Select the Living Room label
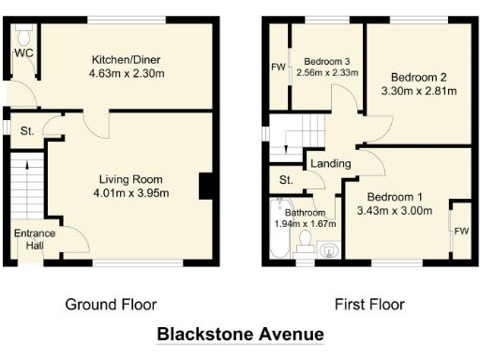pyautogui.click(x=131, y=179)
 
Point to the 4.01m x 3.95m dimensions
pyautogui.click(x=131, y=194)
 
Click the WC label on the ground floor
pyautogui.click(x=23, y=52)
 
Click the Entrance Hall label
pyautogui.click(x=34, y=240)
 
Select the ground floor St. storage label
pyautogui.click(x=26, y=131)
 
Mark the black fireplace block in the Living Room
pyautogui.click(x=203, y=187)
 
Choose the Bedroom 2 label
pyautogui.click(x=417, y=76)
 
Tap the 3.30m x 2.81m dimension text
pyautogui.click(x=417, y=91)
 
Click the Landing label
pyautogui.click(x=330, y=164)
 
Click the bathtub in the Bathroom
pyautogui.click(x=277, y=231)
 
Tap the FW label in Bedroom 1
pyautogui.click(x=460, y=231)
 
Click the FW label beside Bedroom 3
pyautogui.click(x=278, y=67)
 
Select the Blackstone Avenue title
pyautogui.click(x=240, y=334)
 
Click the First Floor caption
pyautogui.click(x=369, y=304)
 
